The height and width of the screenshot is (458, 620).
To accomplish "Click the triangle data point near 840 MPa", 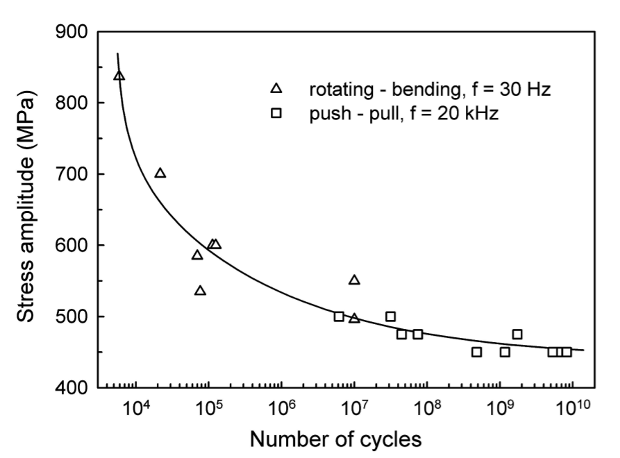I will (119, 76).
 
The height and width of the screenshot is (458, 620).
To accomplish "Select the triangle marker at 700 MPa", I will (160, 173).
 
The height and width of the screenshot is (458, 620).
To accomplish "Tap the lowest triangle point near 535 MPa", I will (200, 291).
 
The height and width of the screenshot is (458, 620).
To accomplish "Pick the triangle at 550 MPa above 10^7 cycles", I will (354, 280).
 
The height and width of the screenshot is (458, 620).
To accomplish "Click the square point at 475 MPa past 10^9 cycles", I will (517, 334).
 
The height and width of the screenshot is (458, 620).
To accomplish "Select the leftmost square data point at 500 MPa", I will (339, 316).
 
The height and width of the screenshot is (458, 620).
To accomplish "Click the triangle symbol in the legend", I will (276, 88).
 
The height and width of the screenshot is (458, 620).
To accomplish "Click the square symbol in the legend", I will (276, 113).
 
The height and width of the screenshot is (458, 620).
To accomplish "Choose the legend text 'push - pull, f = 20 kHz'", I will (404, 113).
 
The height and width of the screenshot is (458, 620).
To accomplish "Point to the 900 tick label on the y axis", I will (72, 32).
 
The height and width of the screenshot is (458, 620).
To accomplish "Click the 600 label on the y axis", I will (72, 245).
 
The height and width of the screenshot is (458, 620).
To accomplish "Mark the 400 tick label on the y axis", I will (72, 387).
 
